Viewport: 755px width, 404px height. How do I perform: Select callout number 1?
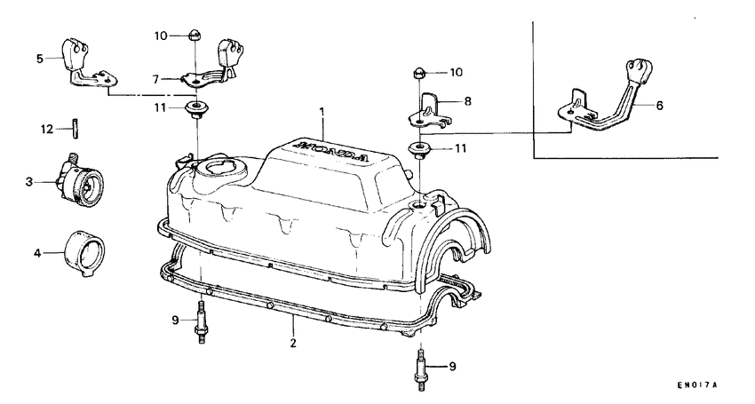point(323,113)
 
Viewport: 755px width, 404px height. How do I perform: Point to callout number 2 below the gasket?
point(292,339)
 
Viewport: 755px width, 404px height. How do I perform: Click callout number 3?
point(29,181)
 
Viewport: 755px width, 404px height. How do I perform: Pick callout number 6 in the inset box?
point(659,105)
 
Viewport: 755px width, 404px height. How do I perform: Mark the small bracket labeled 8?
point(430,109)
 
